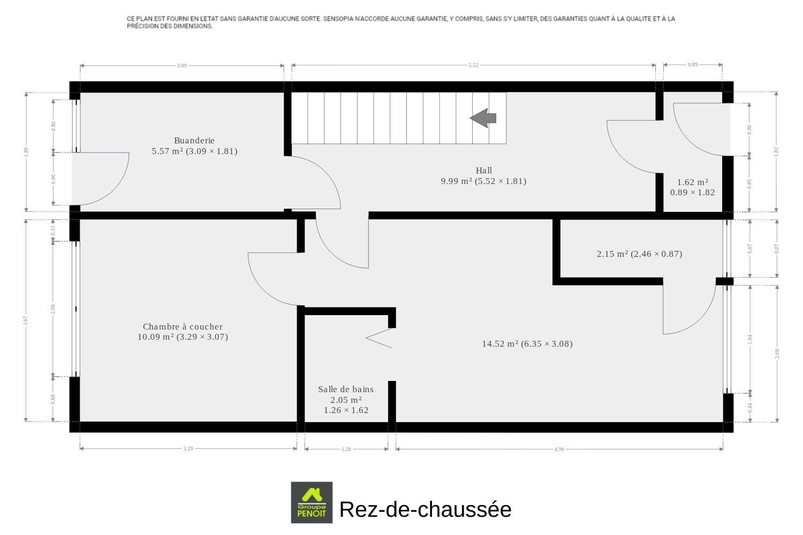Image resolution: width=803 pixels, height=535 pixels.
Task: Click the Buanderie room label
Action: pos(194,141)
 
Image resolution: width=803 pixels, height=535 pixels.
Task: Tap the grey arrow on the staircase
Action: pos(483,118)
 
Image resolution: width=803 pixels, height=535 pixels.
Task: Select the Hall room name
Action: pos(483,170)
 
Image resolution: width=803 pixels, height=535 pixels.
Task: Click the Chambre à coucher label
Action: pos(183,326)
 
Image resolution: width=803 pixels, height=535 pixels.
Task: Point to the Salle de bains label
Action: pos(346,389)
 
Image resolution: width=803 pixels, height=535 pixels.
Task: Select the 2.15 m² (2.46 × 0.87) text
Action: pos(640,254)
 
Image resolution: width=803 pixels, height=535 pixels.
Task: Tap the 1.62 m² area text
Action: pos(693,182)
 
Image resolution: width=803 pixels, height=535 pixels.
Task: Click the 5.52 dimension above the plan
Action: pos(473,65)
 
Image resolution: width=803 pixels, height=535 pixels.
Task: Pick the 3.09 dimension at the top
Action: pos(182,66)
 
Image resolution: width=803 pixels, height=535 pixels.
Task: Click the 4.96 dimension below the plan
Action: pos(559,449)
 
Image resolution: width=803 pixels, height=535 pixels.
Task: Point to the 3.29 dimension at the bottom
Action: pos(188,449)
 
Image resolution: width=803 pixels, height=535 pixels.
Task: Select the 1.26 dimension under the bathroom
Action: pos(346,449)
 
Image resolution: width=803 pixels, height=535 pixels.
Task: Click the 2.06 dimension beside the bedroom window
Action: pos(53,309)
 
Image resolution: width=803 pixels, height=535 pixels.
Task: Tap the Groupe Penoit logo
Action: pos(312,502)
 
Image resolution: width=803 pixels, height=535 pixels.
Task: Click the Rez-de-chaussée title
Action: pos(425,509)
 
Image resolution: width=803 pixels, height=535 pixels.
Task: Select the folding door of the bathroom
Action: pos(379,338)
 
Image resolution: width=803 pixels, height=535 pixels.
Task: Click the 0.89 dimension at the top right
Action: pos(693,65)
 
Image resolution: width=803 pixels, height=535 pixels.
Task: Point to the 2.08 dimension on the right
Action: pos(777,354)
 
